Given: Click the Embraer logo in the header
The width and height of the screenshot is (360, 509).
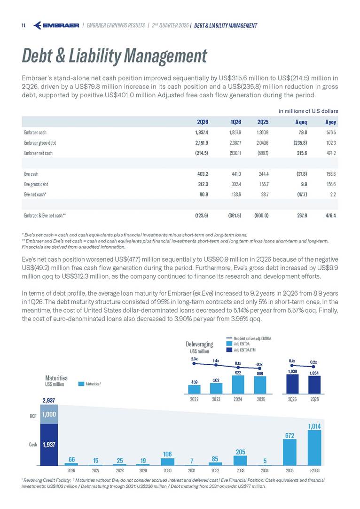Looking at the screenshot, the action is [x=56, y=25].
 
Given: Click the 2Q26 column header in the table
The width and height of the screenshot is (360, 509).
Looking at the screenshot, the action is [x=203, y=122].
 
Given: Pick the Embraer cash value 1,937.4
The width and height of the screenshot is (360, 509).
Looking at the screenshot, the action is [x=202, y=133].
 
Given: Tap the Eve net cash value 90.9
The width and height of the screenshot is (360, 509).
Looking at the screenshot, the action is [x=203, y=195].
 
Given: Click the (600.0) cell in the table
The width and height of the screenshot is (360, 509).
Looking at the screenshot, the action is [x=261, y=215].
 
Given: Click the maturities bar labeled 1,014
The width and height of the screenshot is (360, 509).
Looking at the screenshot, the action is [x=314, y=448].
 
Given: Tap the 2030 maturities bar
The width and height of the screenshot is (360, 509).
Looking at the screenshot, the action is [x=167, y=462].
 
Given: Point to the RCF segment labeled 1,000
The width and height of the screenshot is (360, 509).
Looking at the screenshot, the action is [x=49, y=414].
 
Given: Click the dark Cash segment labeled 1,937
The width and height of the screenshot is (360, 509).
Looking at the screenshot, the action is [x=49, y=445].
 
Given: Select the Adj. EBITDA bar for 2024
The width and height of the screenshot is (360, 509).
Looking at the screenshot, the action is [x=238, y=384].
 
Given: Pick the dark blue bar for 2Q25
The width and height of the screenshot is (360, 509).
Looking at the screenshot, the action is [x=292, y=384].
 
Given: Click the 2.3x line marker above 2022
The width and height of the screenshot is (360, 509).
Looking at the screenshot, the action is [x=194, y=364].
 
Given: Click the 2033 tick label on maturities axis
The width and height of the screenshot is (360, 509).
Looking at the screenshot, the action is [x=240, y=470].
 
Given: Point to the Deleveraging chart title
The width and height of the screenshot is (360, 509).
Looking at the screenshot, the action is [x=199, y=344].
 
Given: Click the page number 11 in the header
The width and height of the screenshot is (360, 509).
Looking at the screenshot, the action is [x=23, y=26].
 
